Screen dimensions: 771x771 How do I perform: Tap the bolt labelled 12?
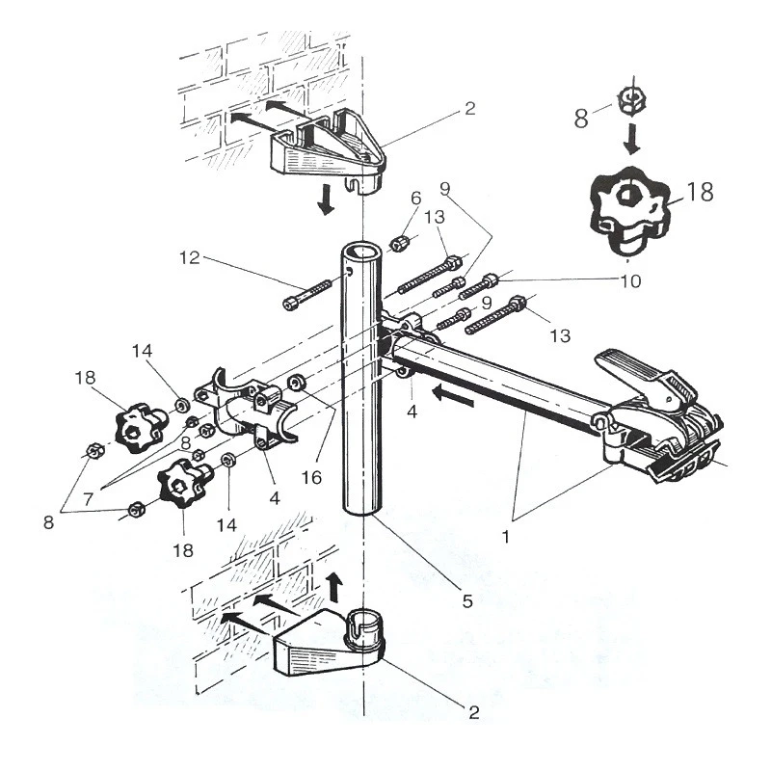(308, 292)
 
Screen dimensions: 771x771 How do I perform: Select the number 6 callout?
(415, 198)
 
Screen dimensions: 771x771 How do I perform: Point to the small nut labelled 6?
(400, 242)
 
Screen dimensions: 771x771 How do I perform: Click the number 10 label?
(629, 282)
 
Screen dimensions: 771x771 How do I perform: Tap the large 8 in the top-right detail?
(580, 119)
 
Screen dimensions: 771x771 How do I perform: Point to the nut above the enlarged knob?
(631, 97)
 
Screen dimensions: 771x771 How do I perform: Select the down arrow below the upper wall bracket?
(327, 199)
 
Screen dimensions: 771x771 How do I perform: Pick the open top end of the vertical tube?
(359, 253)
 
